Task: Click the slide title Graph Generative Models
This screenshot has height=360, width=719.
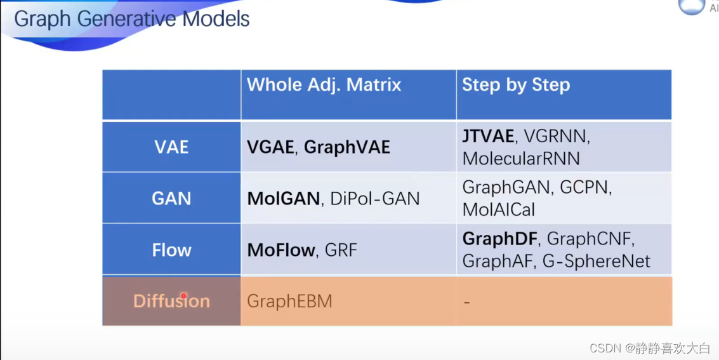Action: (132, 19)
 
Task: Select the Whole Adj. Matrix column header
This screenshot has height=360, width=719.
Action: (324, 85)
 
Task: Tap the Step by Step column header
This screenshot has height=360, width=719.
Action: (516, 85)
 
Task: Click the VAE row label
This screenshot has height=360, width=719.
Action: (171, 147)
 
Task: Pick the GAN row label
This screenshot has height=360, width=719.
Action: (171, 199)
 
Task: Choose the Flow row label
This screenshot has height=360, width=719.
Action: (171, 250)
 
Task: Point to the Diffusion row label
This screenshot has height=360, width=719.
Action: (171, 302)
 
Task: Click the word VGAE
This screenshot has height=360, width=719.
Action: (270, 147)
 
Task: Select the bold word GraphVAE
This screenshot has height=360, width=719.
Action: (347, 147)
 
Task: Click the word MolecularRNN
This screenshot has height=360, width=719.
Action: (521, 158)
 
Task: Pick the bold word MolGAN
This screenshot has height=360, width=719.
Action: (284, 199)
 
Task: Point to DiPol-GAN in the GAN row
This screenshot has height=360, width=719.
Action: (374, 199)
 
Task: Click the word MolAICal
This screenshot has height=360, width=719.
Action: (498, 209)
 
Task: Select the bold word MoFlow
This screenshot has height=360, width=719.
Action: (281, 250)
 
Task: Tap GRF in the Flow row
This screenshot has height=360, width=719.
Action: (341, 250)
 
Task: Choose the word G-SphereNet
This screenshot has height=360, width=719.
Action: (596, 261)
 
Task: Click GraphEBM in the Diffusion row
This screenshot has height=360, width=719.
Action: (289, 302)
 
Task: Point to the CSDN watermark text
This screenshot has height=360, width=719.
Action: (650, 348)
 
